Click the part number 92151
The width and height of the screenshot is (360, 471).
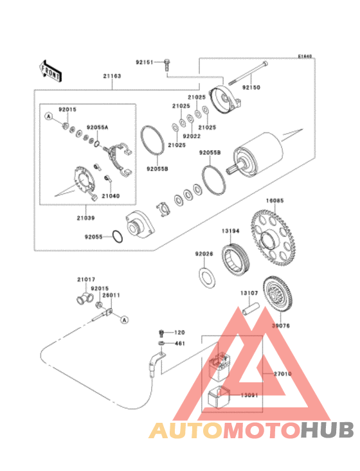[144, 62]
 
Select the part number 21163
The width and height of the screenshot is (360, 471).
[112, 76]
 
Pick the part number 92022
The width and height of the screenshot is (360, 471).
[191, 136]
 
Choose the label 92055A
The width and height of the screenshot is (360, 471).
[97, 128]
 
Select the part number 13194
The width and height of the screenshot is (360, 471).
[231, 230]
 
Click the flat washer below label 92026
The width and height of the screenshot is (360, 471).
[205, 277]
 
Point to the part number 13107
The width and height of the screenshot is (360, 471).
[249, 292]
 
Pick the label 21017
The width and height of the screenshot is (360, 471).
[86, 280]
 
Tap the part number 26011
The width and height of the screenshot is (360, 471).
[111, 295]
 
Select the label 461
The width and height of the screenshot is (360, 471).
[179, 344]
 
